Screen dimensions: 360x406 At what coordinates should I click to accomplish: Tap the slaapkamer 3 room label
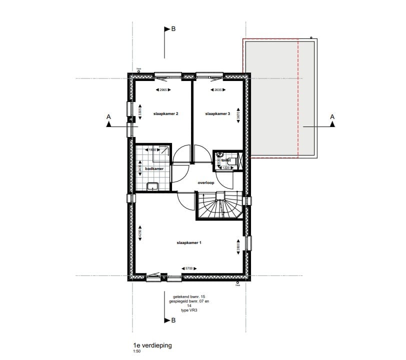click(217, 114)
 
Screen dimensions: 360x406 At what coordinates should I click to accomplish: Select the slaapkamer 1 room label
click(188, 243)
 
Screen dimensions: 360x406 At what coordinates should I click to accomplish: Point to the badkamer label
click(154, 169)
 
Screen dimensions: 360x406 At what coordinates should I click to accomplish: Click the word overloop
click(206, 182)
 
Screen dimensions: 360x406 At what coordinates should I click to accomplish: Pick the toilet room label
click(226, 160)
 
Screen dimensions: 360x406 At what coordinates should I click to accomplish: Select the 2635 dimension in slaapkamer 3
click(218, 90)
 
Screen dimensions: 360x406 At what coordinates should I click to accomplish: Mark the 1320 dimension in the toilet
click(226, 168)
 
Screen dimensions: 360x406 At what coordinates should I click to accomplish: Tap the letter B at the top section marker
click(173, 29)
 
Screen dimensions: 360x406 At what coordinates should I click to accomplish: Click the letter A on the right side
click(332, 116)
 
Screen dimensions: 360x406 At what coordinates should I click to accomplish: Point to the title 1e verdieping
click(148, 345)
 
